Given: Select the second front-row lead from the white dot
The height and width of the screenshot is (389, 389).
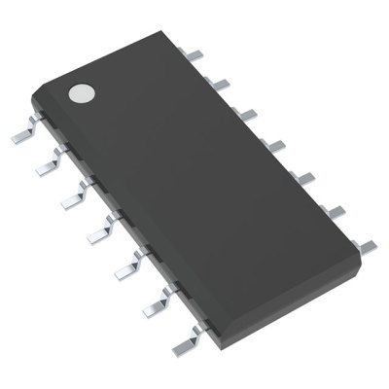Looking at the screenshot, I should tap(44, 168).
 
